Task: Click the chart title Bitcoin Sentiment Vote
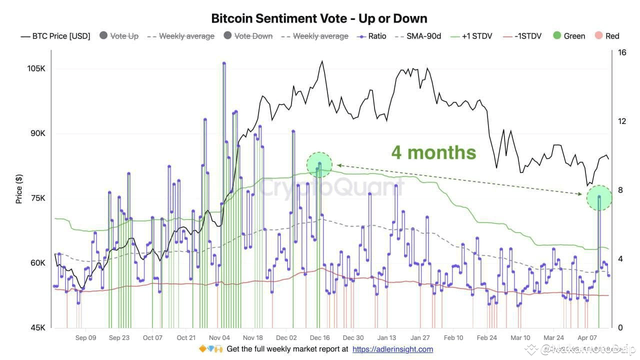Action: [319, 18]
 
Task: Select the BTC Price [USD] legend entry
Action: [55, 36]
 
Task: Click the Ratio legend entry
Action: [372, 36]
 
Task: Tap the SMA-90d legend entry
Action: [419, 36]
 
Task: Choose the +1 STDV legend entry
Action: [472, 36]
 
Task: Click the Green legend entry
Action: [569, 36]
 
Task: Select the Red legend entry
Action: [606, 36]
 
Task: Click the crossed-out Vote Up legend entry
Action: [119, 36]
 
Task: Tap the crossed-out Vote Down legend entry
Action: [248, 36]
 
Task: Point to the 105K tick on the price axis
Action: [36, 68]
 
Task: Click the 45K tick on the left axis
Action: [38, 328]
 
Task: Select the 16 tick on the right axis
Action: [622, 53]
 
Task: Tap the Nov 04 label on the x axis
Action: [219, 338]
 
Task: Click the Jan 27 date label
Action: [420, 338]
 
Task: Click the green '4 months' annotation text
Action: [433, 152]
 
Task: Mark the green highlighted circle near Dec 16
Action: [319, 164]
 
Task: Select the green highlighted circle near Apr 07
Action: [598, 198]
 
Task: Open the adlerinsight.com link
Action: [392, 349]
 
